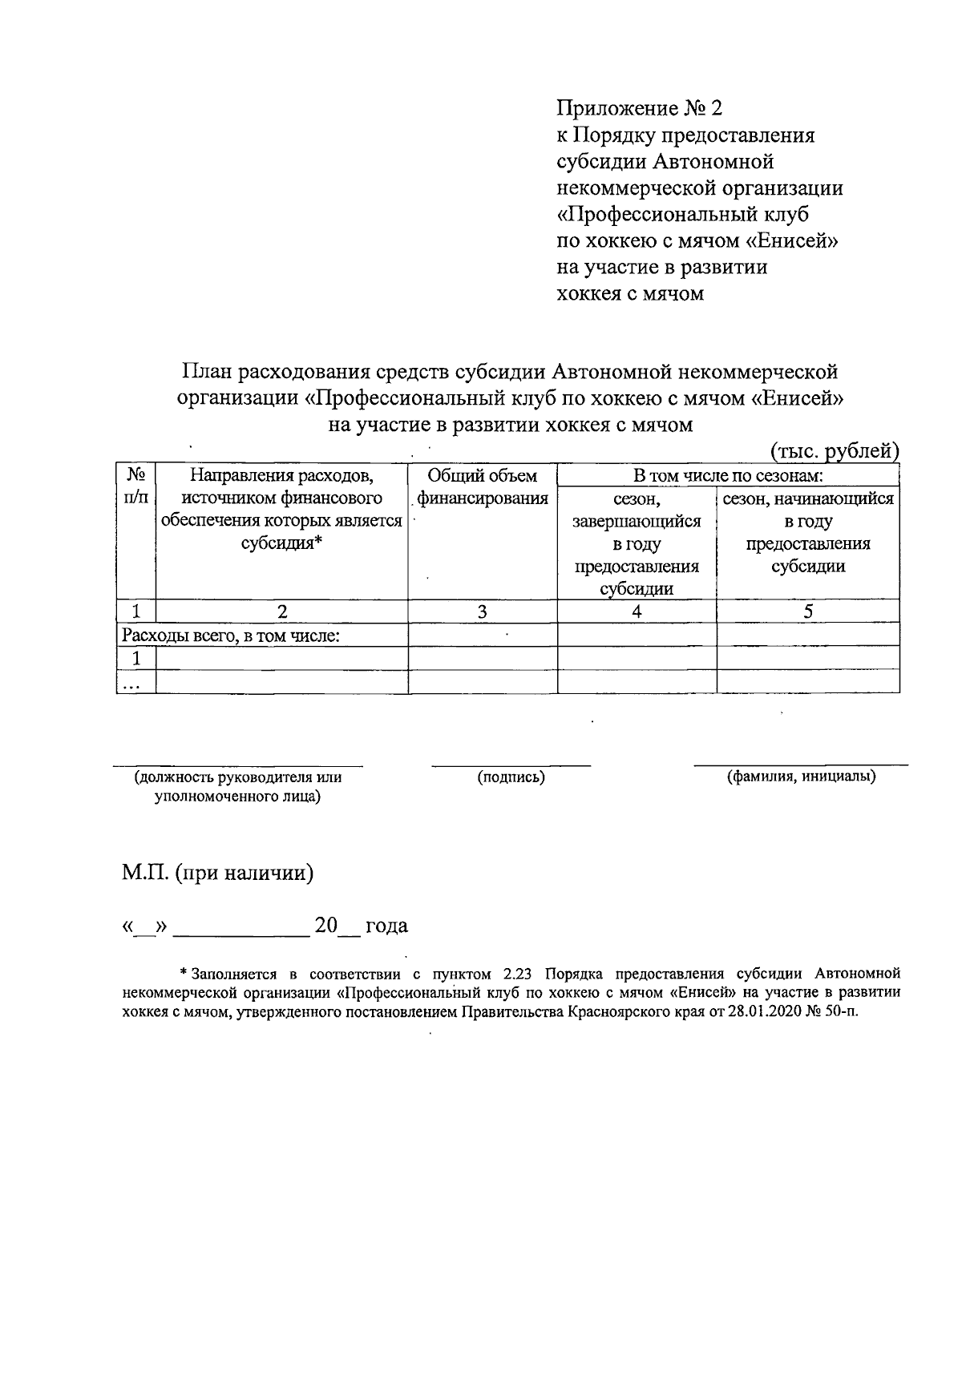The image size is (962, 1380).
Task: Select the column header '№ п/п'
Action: coord(135,486)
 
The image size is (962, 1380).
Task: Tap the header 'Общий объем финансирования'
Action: coord(482,487)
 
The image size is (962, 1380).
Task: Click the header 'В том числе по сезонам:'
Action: coord(728,475)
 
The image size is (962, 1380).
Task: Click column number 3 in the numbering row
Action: coord(482,611)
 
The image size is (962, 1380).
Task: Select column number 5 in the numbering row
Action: coord(808,611)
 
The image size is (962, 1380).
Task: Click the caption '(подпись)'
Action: coord(511,777)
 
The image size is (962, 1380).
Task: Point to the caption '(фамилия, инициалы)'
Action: coord(800,777)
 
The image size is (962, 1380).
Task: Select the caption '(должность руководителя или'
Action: coord(238,777)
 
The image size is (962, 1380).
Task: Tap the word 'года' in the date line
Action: coord(386,926)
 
